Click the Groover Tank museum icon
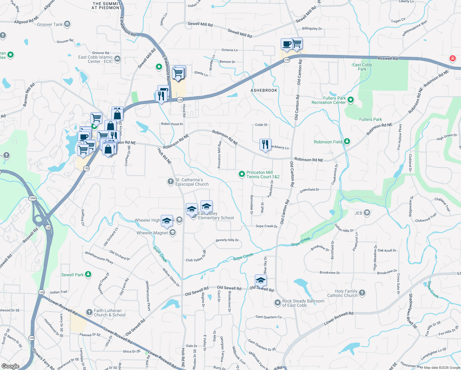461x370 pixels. coord(67,24)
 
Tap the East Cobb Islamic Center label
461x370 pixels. coord(96,59)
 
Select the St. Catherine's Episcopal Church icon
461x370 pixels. coord(170,182)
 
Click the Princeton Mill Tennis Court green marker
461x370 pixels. coord(242,174)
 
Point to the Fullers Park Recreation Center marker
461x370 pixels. coord(350,100)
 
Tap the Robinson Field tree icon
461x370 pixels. coord(347,142)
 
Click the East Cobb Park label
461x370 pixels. coord(362,67)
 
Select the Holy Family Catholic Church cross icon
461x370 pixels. coord(362,293)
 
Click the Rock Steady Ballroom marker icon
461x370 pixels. coord(277,303)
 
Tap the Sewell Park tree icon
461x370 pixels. coord(88,274)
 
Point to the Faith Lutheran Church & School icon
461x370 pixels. coord(89,312)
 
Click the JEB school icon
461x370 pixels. coord(367,213)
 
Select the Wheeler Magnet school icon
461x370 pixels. coord(173,232)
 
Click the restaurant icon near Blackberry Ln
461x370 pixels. coord(265,144)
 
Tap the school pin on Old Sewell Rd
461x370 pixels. coord(261,281)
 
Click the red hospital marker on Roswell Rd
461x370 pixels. coord(452,58)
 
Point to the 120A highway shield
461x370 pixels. coord(32,198)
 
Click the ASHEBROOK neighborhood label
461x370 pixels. coord(264,90)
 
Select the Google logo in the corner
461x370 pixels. coord(10,366)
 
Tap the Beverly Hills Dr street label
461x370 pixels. coord(227,240)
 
